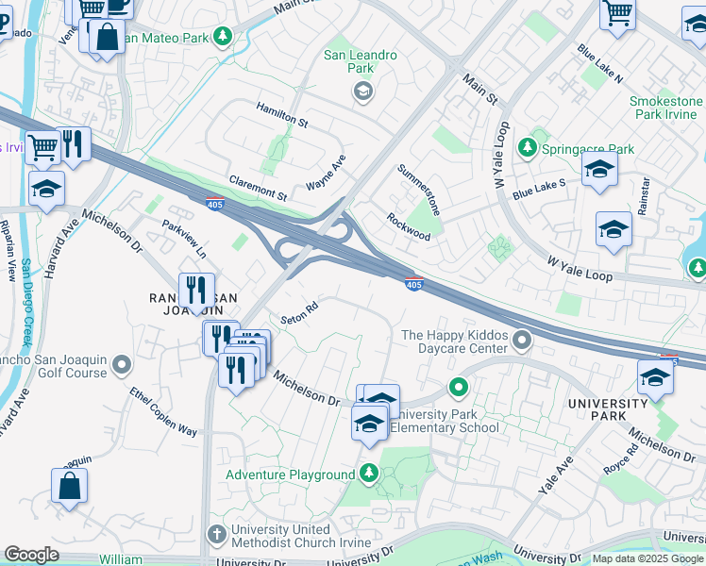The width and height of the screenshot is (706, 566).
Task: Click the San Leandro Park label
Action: tap(361, 62)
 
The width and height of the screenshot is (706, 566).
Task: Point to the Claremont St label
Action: tap(258, 187)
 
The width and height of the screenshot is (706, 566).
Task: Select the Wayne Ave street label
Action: tap(327, 174)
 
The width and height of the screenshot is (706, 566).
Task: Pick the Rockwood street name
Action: tap(409, 226)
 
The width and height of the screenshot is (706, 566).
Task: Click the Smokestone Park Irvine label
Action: tap(666, 108)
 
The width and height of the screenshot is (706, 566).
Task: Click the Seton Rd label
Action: tap(299, 312)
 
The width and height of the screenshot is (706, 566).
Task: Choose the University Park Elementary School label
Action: tap(444, 421)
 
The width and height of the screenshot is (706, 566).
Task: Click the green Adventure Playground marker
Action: tap(369, 474)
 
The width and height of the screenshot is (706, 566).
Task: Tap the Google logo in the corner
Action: tap(32, 556)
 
